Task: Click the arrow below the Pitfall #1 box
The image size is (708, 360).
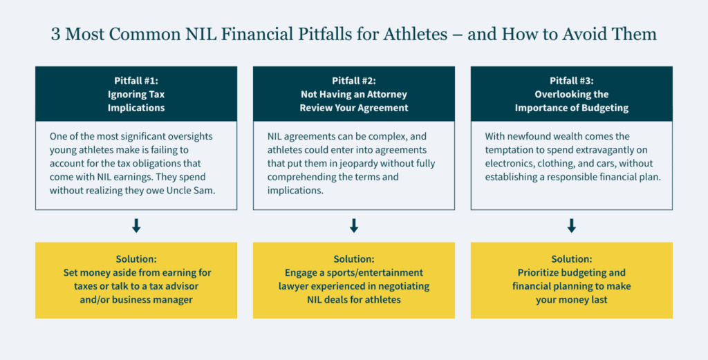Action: pyautogui.click(x=136, y=225)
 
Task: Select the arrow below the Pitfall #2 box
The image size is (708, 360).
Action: pyautogui.click(x=354, y=225)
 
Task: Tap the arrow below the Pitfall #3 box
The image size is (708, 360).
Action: pyautogui.click(x=572, y=225)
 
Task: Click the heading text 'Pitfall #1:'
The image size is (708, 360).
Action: pyautogui.click(x=136, y=81)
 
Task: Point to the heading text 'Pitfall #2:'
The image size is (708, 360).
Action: pyautogui.click(x=354, y=81)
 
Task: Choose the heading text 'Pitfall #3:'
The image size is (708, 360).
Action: pyautogui.click(x=572, y=81)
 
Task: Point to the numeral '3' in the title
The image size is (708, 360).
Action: pyautogui.click(x=55, y=35)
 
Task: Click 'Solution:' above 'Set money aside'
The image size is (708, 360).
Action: pyautogui.click(x=136, y=259)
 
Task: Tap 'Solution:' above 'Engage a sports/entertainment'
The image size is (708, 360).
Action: pyautogui.click(x=354, y=259)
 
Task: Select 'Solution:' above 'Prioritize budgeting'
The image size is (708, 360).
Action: pyautogui.click(x=572, y=259)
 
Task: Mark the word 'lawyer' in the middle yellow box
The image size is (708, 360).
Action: pyautogui.click(x=292, y=286)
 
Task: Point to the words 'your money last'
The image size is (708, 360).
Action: pyautogui.click(x=572, y=300)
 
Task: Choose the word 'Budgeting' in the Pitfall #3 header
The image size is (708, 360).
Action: pyautogui.click(x=606, y=108)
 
